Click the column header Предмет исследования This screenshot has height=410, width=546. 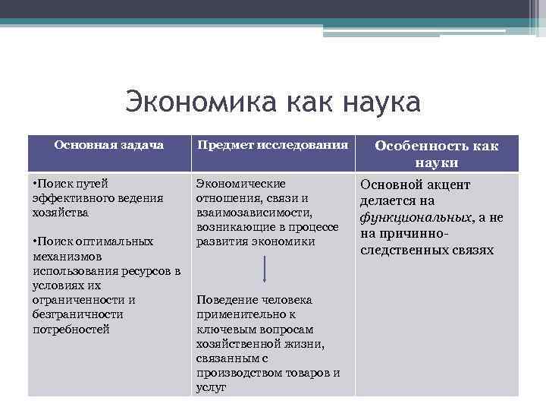[x=272, y=144]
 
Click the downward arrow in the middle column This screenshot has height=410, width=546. [x=265, y=269]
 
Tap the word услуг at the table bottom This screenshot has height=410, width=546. [x=211, y=387]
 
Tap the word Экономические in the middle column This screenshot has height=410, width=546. [x=240, y=184]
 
